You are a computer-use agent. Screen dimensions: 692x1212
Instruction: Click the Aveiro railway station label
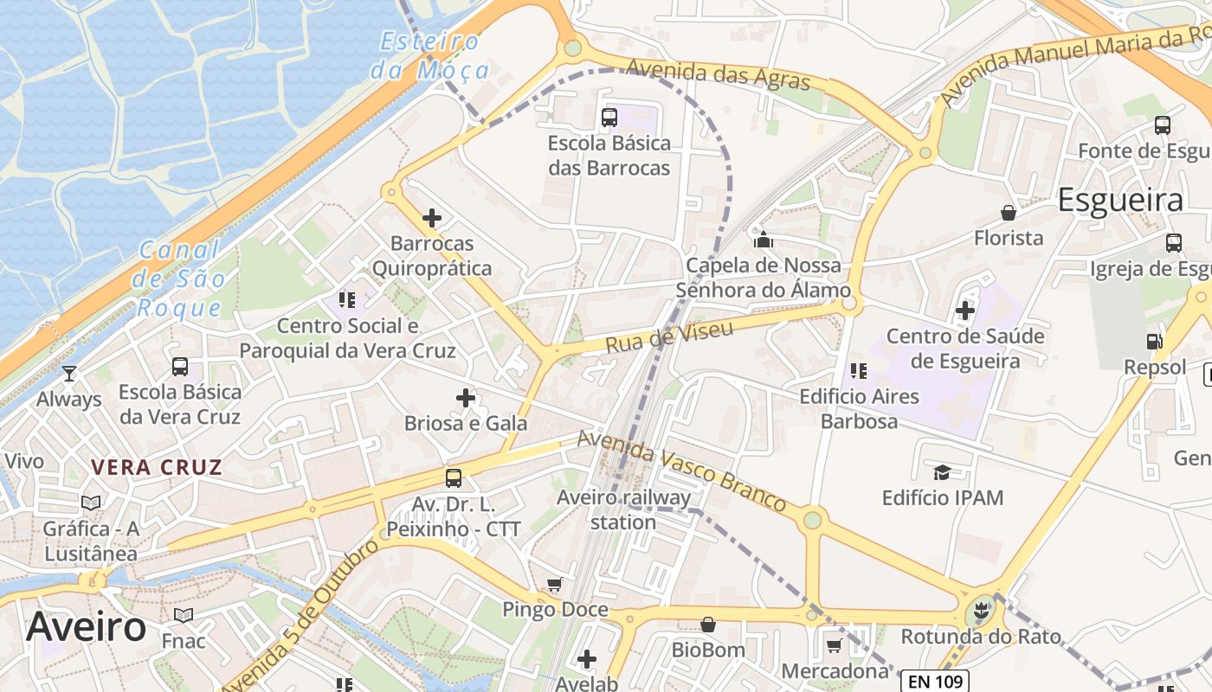pyautogui.click(x=623, y=509)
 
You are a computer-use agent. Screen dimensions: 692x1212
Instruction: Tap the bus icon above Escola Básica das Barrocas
pyautogui.click(x=609, y=117)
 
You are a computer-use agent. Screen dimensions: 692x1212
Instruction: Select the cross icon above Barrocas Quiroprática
pyautogui.click(x=432, y=218)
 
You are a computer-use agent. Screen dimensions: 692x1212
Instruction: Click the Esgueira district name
pyautogui.click(x=1120, y=200)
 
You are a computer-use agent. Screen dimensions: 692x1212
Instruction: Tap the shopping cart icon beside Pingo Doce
pyautogui.click(x=554, y=585)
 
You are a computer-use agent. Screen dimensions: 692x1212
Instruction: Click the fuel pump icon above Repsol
pyautogui.click(x=1154, y=342)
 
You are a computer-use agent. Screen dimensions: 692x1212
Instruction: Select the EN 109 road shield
pyautogui.click(x=934, y=682)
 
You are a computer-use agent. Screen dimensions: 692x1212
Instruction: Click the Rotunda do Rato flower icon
pyautogui.click(x=980, y=612)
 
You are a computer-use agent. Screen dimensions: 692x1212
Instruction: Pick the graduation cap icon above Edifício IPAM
pyautogui.click(x=942, y=472)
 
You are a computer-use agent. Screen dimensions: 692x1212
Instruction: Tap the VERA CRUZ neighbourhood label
pyautogui.click(x=157, y=468)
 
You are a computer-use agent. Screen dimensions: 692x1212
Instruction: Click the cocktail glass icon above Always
pyautogui.click(x=69, y=374)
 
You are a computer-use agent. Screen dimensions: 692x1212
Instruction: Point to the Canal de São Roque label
pyautogui.click(x=181, y=279)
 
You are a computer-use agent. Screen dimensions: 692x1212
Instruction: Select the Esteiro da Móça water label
pyautogui.click(x=430, y=55)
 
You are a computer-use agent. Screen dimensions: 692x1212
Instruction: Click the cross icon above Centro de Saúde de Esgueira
pyautogui.click(x=965, y=310)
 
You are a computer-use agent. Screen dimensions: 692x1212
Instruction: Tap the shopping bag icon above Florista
pyautogui.click(x=1009, y=212)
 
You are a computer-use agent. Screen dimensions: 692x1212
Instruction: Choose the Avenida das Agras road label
pyautogui.click(x=718, y=74)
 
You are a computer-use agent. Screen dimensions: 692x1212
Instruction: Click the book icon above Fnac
pyautogui.click(x=184, y=615)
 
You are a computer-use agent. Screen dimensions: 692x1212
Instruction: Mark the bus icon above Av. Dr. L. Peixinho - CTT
pyautogui.click(x=453, y=477)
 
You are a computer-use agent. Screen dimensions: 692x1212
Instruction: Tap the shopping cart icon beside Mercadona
pyautogui.click(x=835, y=645)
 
